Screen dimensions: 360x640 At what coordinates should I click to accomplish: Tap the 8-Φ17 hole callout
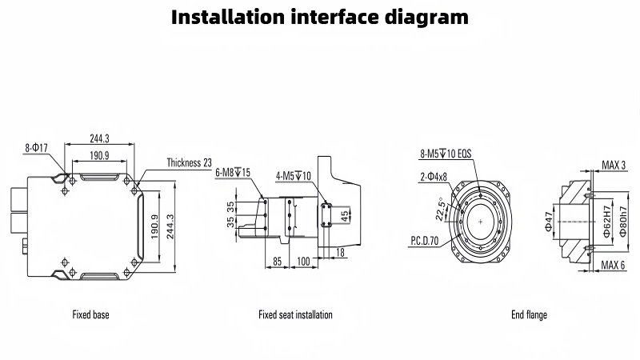pos(37,147)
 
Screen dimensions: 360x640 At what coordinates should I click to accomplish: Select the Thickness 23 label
pos(189,162)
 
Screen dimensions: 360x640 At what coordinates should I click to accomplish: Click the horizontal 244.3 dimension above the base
pos(99,138)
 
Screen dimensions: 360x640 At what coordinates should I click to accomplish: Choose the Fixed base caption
pos(90,315)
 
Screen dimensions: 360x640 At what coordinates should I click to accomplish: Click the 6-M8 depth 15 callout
pos(233,172)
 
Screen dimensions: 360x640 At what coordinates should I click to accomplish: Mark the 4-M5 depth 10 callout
pos(293,175)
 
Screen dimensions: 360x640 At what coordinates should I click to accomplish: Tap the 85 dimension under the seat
pos(278,262)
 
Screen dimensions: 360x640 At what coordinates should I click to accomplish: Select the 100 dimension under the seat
pos(304,262)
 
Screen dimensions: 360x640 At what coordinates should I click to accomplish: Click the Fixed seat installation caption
pos(295,315)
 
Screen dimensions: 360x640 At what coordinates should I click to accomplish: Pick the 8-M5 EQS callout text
pos(446,153)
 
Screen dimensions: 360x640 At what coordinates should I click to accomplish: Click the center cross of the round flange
pos(480,219)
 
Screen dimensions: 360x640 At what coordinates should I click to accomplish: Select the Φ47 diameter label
pos(548,221)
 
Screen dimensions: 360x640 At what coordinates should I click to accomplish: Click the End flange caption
pos(529,315)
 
